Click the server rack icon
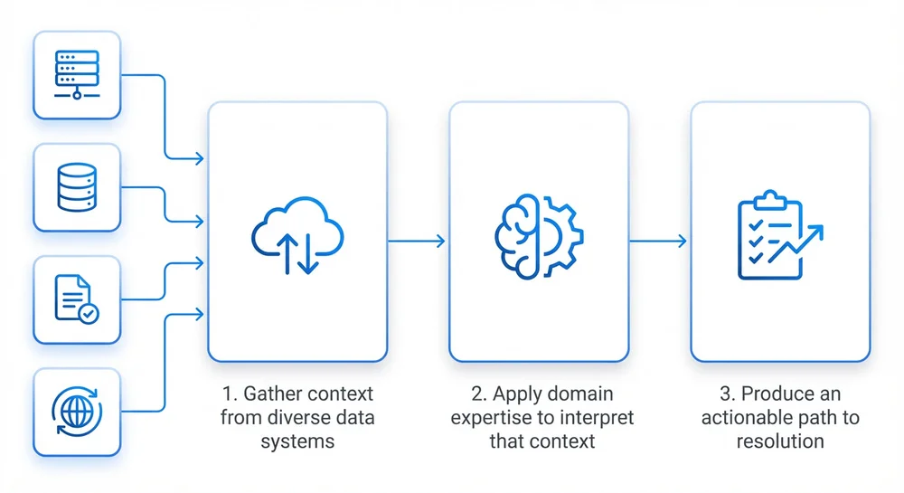pos(77,75)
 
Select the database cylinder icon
pos(77,187)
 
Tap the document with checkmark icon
pos(77,299)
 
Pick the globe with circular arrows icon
pos(77,412)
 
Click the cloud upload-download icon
pos(297,235)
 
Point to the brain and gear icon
pos(539,236)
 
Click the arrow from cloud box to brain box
pos(416,241)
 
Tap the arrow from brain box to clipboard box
pos(658,241)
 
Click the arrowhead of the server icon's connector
pos(200,158)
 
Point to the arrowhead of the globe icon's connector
pos(200,314)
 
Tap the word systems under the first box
pos(297,441)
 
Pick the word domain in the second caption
pos(581,393)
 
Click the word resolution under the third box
pos(780,441)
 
